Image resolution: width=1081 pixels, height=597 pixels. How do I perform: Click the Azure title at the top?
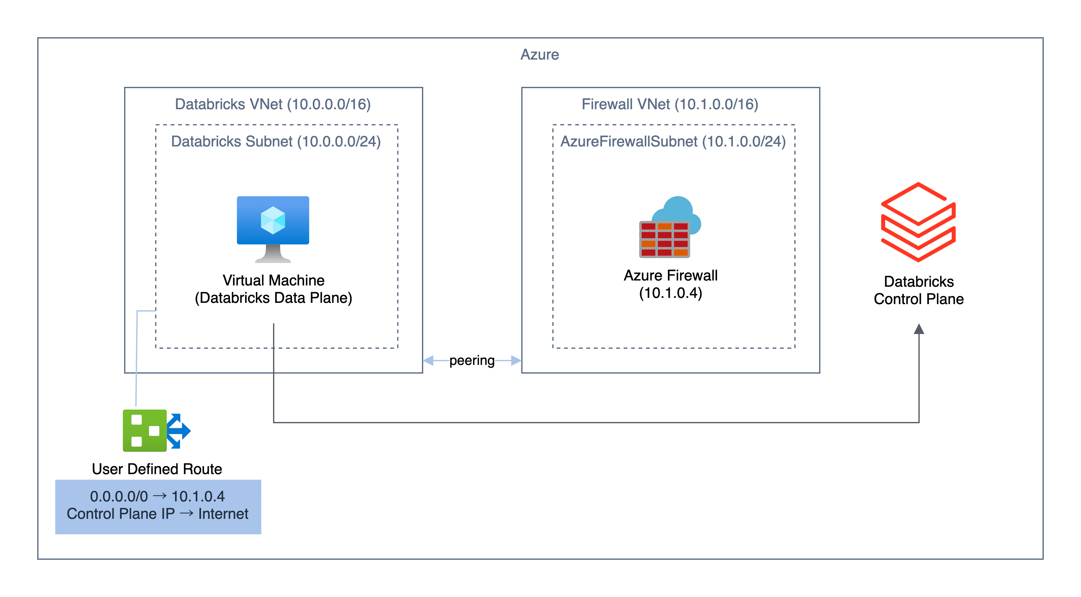(540, 55)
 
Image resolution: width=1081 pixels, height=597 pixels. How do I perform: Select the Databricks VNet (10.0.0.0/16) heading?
(273, 104)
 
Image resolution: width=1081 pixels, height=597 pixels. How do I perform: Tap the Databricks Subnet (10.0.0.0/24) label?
(276, 141)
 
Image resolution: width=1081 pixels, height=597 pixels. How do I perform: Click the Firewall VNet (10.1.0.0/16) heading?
(670, 104)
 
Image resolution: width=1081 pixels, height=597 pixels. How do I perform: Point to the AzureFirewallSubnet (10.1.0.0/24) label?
(673, 141)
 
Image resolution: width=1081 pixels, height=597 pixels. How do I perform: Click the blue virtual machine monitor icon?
(273, 229)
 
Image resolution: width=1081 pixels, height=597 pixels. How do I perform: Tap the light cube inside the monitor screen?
(273, 220)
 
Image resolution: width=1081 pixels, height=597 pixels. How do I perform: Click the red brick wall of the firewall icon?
(664, 240)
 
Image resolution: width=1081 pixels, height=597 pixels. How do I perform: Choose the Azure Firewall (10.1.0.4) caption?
(671, 284)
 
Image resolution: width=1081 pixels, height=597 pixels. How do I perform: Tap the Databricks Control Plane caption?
(919, 290)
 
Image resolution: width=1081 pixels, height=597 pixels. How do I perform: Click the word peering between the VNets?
(472, 360)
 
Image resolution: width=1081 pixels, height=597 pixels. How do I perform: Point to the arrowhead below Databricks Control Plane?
(919, 329)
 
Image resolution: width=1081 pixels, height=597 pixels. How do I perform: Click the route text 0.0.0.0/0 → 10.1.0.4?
(157, 496)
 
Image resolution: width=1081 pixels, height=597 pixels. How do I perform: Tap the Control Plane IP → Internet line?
(157, 514)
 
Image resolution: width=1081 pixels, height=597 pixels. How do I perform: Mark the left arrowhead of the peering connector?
(428, 360)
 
